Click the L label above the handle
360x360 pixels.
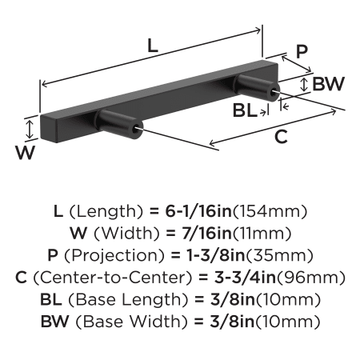coord(153,46)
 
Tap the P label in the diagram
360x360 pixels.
coord(302,51)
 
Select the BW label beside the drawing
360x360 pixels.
coord(329,84)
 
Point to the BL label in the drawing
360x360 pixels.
coord(245,110)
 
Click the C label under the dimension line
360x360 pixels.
coord(281,137)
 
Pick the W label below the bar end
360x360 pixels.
coord(25,153)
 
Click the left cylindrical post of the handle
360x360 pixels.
coord(119,125)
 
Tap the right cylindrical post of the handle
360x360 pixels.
coord(257,88)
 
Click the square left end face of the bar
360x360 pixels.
coord(49,129)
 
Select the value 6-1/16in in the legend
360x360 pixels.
coord(198,211)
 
